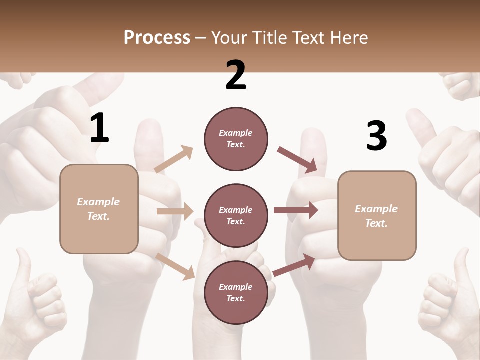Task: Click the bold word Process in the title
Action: click(157, 37)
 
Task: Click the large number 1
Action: click(99, 128)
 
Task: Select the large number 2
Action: click(236, 75)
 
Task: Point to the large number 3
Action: click(376, 136)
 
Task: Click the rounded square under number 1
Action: click(99, 209)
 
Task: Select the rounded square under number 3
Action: click(377, 215)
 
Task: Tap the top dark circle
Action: click(236, 138)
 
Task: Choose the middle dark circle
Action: click(236, 215)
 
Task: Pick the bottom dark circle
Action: click(236, 292)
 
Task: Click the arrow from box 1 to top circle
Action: click(174, 159)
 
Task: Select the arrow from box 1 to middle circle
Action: click(175, 211)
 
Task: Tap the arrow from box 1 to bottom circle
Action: click(175, 266)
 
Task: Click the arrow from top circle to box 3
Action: click(298, 160)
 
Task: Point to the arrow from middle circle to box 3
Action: click(295, 210)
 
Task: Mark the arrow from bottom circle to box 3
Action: click(294, 265)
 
